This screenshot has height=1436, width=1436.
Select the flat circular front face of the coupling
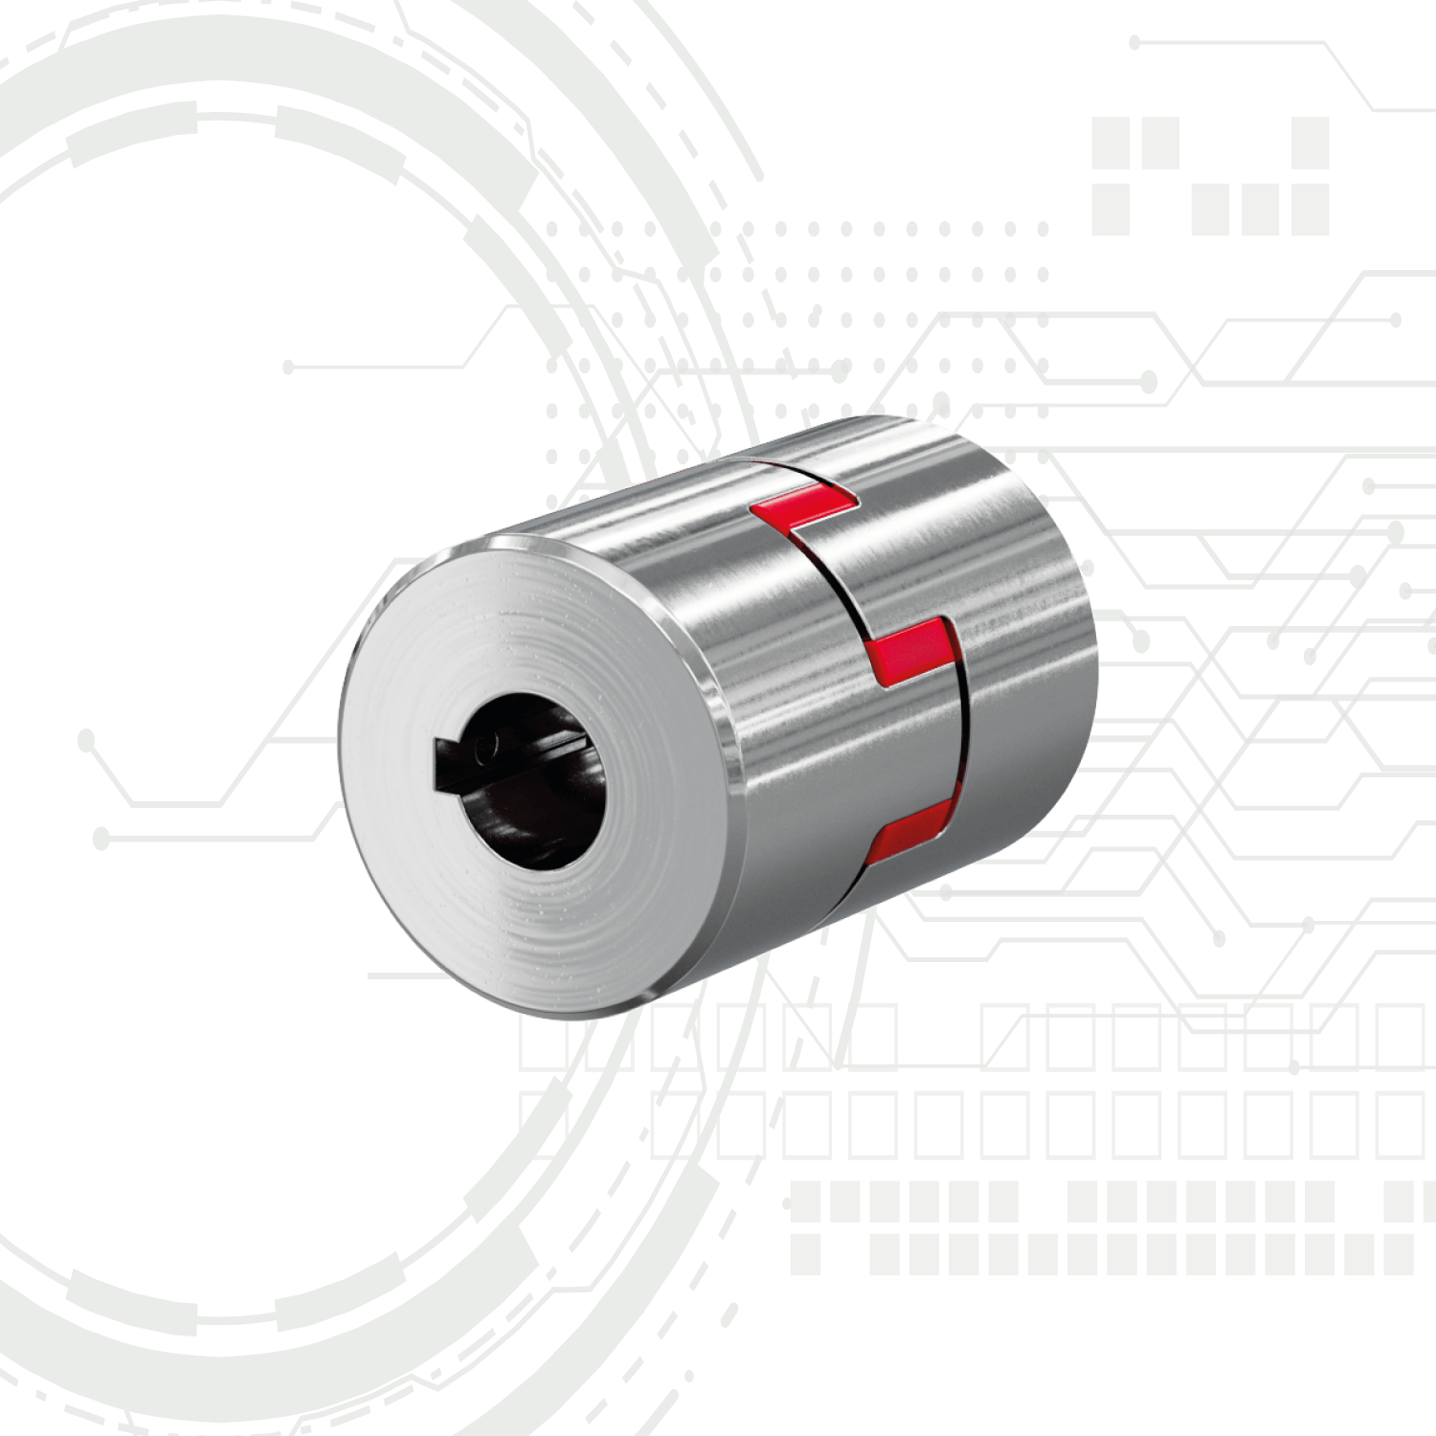point(536,909)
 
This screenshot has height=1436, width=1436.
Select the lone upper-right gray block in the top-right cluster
point(1310,143)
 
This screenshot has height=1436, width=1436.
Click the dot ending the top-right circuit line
point(1134,42)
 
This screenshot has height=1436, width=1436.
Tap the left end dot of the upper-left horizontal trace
point(288,367)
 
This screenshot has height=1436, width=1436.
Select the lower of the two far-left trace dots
point(101,840)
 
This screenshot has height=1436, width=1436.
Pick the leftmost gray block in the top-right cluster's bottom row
point(1111,210)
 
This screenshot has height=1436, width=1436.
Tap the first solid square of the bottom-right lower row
point(805,1254)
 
